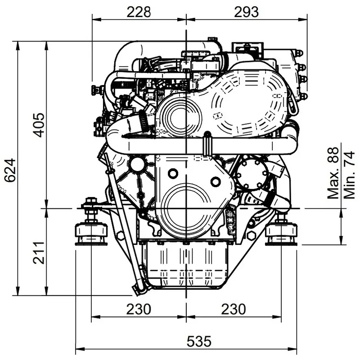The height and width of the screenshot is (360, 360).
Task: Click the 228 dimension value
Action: tap(138, 12)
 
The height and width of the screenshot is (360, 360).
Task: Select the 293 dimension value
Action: tap(246, 12)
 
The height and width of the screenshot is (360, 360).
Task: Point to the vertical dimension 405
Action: tap(39, 125)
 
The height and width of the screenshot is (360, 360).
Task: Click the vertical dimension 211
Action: tap(39, 253)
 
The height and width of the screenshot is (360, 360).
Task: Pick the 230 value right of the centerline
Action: tap(233, 310)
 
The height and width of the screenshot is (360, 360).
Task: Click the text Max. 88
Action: tap(333, 173)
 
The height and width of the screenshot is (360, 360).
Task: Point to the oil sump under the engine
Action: tap(185, 265)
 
